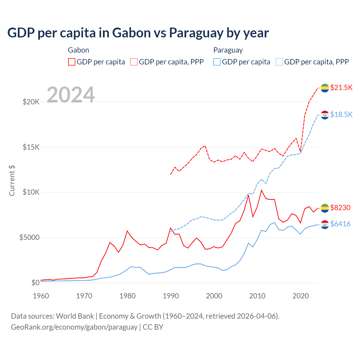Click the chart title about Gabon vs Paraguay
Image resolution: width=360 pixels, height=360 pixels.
(x=138, y=33)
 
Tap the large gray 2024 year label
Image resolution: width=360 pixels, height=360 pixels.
(x=71, y=95)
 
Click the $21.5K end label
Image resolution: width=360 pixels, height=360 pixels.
(x=341, y=87)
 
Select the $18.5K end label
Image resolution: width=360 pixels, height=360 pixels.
(x=341, y=114)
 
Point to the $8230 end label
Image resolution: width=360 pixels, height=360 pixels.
(x=340, y=208)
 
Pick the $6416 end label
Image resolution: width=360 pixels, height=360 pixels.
(x=340, y=224)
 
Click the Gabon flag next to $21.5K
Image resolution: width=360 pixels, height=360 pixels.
(x=325, y=88)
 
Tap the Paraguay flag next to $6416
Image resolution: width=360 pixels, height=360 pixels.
(x=325, y=224)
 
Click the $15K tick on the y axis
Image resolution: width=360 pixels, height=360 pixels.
(x=31, y=147)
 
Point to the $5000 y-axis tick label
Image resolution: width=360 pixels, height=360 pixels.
(x=29, y=238)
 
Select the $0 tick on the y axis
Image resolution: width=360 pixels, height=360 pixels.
(x=35, y=283)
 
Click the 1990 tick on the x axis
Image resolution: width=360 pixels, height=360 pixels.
(x=171, y=296)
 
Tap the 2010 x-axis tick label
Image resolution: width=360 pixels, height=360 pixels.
(x=257, y=296)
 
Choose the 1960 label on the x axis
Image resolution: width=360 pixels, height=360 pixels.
(x=41, y=296)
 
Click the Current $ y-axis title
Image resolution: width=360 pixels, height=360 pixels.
(x=12, y=181)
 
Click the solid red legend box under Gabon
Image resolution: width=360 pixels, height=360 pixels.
(x=72, y=62)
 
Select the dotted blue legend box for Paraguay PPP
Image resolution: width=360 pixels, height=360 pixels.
(x=279, y=62)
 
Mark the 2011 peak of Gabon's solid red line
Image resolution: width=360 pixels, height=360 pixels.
(x=262, y=190)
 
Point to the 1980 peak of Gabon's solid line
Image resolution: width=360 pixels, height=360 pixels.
(x=127, y=231)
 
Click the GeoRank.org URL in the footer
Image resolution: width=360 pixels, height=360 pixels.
(x=74, y=327)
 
